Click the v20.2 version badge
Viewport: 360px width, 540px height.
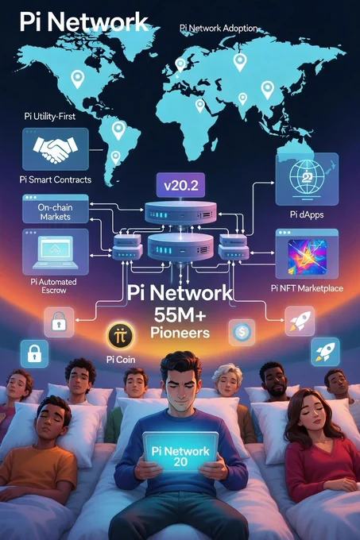[x=181, y=185]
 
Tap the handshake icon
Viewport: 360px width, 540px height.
[x=55, y=149]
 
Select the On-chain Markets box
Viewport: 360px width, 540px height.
[x=56, y=209]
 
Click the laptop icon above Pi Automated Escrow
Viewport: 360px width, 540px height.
[x=55, y=252]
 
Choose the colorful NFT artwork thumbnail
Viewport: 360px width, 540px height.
[x=307, y=257]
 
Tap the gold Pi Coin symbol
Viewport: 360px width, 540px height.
[x=120, y=335]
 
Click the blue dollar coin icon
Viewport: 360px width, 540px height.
[x=242, y=332]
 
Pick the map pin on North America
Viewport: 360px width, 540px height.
[x=78, y=79]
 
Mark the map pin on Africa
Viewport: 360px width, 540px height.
[x=199, y=106]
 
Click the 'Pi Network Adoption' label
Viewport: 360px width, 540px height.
[x=219, y=28]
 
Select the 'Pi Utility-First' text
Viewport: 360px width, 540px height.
[x=49, y=117]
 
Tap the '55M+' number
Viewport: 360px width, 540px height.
[x=180, y=314]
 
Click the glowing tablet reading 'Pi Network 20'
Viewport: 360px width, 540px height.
[x=180, y=451]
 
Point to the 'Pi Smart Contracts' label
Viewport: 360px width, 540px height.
[x=56, y=179]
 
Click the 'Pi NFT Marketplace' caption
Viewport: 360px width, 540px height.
[x=307, y=288]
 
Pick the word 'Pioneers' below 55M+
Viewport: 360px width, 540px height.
[x=180, y=333]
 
